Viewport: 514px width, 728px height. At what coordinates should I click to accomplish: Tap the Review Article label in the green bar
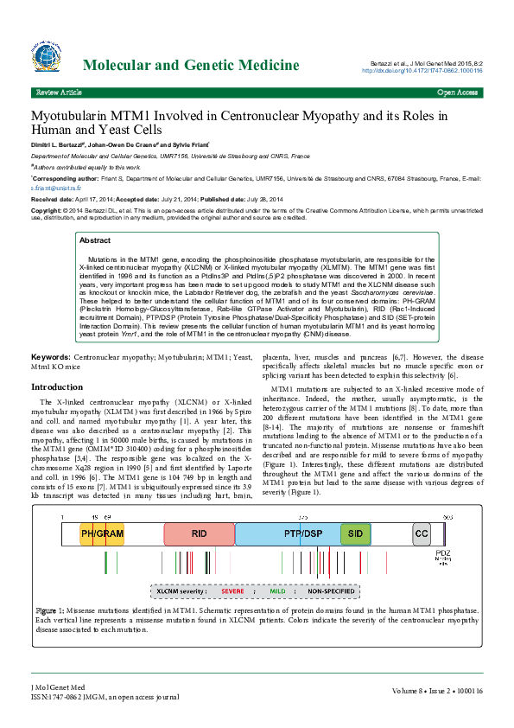pyautogui.click(x=58, y=92)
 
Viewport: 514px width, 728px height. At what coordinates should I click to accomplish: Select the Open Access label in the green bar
pyautogui.click(x=458, y=92)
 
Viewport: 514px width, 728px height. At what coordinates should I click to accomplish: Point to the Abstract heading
pyautogui.click(x=95, y=240)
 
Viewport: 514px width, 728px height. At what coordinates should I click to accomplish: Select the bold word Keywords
pyautogui.click(x=51, y=356)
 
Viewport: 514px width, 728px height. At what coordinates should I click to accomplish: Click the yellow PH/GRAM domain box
pyautogui.click(x=102, y=533)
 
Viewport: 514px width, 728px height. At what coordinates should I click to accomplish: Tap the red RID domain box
pyautogui.click(x=199, y=533)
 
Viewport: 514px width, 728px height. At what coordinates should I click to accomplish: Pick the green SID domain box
pyautogui.click(x=354, y=533)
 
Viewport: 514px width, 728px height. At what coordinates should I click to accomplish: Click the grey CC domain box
pyautogui.click(x=421, y=533)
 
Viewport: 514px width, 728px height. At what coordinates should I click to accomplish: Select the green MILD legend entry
pyautogui.click(x=276, y=591)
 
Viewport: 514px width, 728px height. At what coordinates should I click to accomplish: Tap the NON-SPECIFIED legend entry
pyautogui.click(x=327, y=591)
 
